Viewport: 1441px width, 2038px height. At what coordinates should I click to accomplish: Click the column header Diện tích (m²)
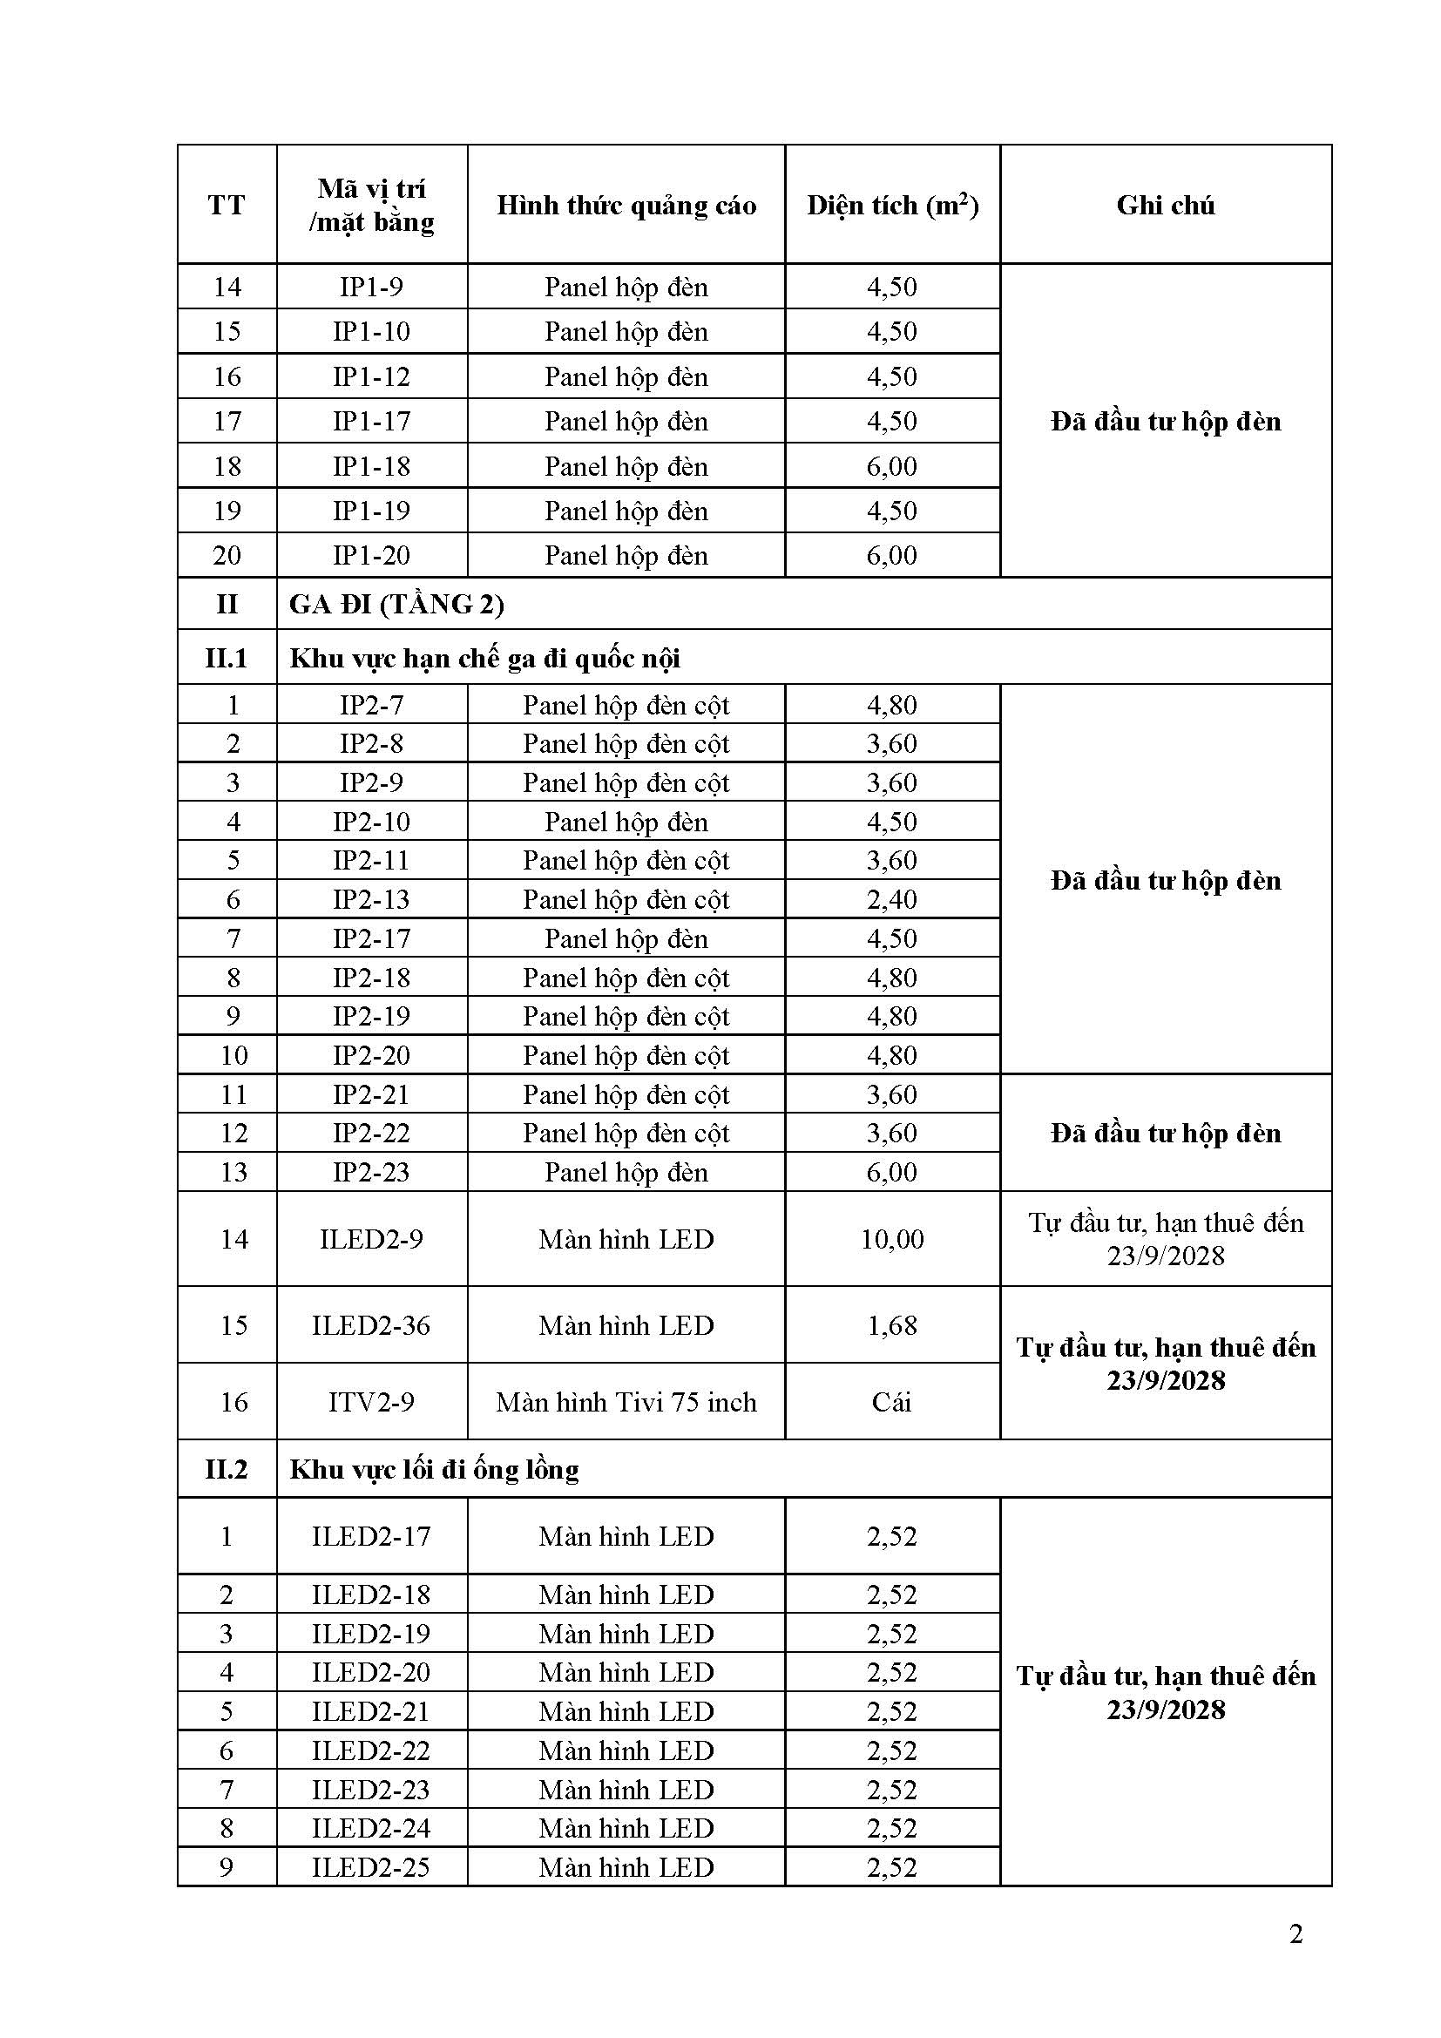892,206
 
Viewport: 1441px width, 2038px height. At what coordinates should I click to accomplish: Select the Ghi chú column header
1165,206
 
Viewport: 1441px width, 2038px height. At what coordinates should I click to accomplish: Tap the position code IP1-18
371,466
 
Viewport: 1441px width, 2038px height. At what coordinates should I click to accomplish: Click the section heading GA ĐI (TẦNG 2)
396,605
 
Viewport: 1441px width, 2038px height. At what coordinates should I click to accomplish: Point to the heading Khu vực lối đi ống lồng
434,1470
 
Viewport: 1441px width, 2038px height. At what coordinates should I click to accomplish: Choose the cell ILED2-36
371,1325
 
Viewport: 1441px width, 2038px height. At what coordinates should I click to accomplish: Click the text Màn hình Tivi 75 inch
626,1402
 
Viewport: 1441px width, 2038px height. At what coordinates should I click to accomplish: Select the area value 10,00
892,1239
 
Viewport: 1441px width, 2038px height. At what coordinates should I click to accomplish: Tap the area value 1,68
892,1325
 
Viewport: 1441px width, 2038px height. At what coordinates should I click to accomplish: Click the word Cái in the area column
892,1402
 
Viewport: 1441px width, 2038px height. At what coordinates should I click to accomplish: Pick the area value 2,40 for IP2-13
892,899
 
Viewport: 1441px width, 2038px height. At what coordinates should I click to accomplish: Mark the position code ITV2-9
371,1402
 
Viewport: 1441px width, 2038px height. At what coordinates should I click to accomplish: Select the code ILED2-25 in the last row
371,1867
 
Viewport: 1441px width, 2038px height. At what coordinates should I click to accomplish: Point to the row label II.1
227,659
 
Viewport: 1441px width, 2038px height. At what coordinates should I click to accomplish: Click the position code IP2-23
371,1172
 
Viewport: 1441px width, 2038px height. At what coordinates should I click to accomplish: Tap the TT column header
227,206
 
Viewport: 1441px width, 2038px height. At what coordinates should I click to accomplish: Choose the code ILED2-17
371,1536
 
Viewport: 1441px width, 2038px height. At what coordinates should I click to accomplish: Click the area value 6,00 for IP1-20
892,556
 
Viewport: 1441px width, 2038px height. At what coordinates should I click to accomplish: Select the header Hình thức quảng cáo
626,206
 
